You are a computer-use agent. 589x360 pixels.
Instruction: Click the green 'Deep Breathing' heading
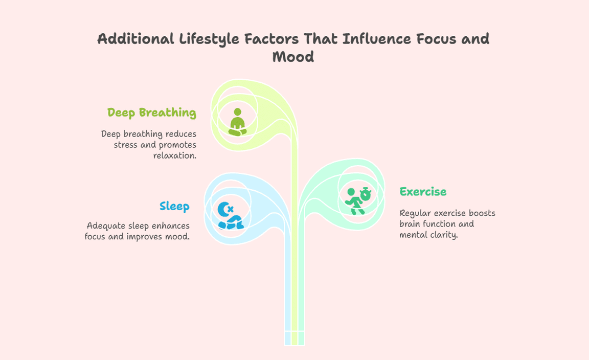tap(151, 112)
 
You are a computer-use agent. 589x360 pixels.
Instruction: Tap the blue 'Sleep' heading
tap(174, 206)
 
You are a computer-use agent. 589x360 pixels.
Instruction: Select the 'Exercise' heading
tap(423, 192)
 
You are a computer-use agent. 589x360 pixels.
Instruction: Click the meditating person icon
tap(237, 122)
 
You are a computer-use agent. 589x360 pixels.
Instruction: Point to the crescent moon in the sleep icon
tap(224, 209)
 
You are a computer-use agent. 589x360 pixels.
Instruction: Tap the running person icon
tap(354, 201)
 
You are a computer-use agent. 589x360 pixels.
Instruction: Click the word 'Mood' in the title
tap(293, 57)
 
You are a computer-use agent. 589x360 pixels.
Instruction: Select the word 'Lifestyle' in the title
tap(209, 39)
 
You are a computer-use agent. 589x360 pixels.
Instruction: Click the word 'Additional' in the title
tap(135, 39)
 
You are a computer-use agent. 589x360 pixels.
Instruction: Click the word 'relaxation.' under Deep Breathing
tap(175, 155)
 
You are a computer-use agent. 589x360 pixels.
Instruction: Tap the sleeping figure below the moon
tap(231, 222)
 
